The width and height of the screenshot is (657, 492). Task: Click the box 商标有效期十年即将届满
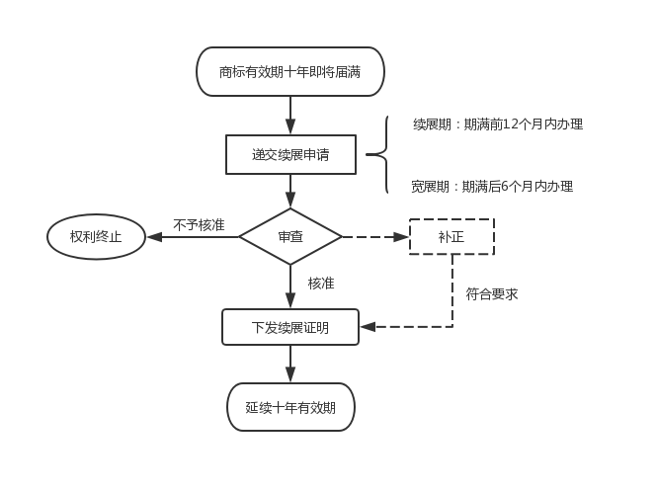(x=290, y=72)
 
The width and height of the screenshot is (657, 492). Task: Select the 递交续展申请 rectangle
(x=290, y=154)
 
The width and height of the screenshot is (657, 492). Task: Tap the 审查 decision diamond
(x=290, y=237)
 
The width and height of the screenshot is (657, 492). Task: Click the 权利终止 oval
(x=96, y=237)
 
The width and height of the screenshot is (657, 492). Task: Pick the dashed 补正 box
(x=452, y=237)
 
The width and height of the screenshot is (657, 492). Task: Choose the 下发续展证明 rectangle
(x=290, y=327)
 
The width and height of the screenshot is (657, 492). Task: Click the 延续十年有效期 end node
(x=290, y=407)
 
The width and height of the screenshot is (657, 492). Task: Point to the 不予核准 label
(x=199, y=225)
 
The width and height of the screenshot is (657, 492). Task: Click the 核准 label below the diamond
(x=321, y=284)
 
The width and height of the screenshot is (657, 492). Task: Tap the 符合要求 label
(x=491, y=293)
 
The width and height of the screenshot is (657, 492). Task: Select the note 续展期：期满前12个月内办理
(x=498, y=124)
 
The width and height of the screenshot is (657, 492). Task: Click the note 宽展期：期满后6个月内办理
(x=492, y=186)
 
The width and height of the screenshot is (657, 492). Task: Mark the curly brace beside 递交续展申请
(x=378, y=154)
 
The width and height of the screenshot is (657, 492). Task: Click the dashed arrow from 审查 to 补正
(x=375, y=237)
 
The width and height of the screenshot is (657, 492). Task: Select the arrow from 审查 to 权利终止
(x=193, y=237)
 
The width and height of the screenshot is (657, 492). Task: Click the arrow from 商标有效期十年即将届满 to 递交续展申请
(x=290, y=115)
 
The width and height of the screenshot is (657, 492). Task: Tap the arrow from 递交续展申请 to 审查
(x=290, y=191)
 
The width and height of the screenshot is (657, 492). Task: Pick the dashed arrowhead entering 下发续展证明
(x=368, y=326)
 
